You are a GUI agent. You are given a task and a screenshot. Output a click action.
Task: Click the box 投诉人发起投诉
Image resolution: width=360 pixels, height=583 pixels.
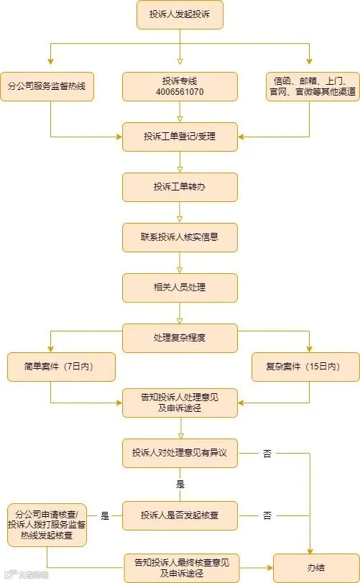pyautogui.click(x=180, y=14)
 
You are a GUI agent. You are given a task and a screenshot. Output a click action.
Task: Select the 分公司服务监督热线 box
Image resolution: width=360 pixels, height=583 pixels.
pyautogui.click(x=47, y=87)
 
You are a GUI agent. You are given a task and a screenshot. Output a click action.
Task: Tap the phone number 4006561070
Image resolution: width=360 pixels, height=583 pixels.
pyautogui.click(x=180, y=92)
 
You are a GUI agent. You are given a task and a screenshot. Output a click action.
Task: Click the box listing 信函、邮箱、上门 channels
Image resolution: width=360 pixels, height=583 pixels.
pyautogui.click(x=313, y=87)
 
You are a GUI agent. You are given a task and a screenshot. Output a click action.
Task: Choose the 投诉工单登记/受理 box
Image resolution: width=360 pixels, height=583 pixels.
pyautogui.click(x=180, y=137)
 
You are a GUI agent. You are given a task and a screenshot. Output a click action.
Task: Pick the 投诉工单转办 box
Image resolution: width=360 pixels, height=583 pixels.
pyautogui.click(x=180, y=187)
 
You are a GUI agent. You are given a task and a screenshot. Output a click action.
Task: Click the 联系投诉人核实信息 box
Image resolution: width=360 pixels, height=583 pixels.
pyautogui.click(x=180, y=237)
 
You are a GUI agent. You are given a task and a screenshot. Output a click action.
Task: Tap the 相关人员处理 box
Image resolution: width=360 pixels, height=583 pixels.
pyautogui.click(x=180, y=288)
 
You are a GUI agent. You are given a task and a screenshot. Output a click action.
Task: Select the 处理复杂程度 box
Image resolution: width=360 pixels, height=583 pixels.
pyautogui.click(x=180, y=338)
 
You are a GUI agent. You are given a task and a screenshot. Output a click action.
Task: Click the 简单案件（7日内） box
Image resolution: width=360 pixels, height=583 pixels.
pyautogui.click(x=61, y=367)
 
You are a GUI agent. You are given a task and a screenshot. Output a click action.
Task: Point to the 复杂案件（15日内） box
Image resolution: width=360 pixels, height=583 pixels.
pyautogui.click(x=306, y=367)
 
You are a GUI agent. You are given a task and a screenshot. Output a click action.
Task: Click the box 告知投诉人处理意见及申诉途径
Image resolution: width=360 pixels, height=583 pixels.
pyautogui.click(x=180, y=403)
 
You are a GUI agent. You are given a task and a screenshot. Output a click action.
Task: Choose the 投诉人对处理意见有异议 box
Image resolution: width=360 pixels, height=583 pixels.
pyautogui.click(x=180, y=453)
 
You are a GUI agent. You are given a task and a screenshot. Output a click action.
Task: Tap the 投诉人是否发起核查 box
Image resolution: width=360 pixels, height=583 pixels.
pyautogui.click(x=180, y=515)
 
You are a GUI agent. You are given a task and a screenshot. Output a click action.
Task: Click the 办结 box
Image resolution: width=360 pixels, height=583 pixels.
pyautogui.click(x=317, y=568)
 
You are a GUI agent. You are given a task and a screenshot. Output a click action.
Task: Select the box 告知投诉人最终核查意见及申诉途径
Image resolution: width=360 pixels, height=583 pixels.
pyautogui.click(x=182, y=568)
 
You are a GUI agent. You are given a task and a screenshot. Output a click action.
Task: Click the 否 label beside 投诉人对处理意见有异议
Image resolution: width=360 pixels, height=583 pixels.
pyautogui.click(x=267, y=453)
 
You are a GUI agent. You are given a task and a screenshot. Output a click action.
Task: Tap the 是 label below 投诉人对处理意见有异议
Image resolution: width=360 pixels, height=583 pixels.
pyautogui.click(x=180, y=484)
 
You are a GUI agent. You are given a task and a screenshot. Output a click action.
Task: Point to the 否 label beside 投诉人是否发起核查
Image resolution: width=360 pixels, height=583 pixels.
pyautogui.click(x=267, y=515)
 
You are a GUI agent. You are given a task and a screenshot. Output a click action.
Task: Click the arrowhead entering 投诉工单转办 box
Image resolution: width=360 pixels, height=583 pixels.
pyautogui.click(x=180, y=170)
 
